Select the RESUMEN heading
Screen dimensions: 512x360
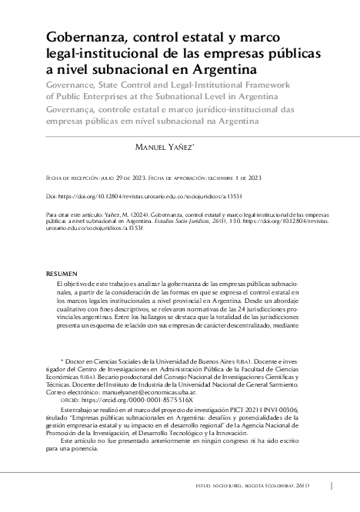(62, 273)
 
